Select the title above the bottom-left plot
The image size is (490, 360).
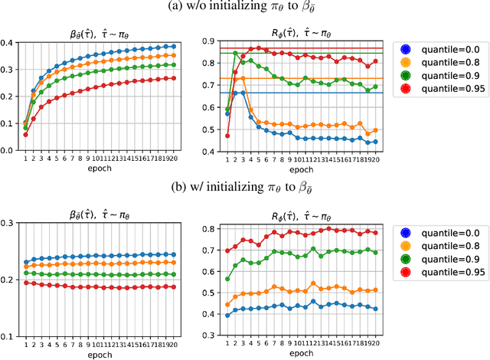[x=100, y=208]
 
